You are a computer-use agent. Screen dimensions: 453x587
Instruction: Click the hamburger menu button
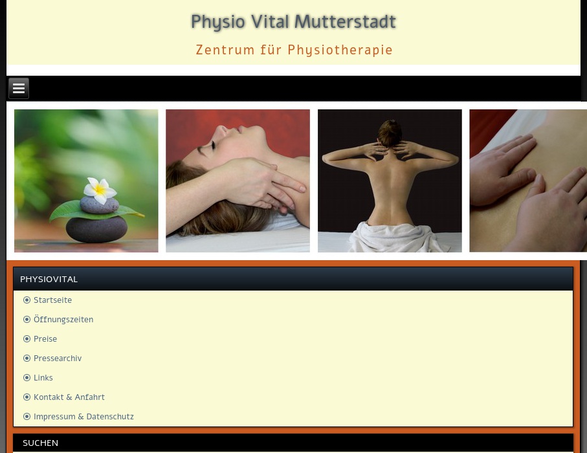[x=19, y=89]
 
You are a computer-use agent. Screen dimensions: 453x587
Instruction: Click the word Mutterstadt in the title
[x=344, y=22]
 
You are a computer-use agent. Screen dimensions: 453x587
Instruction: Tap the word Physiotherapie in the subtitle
[x=340, y=50]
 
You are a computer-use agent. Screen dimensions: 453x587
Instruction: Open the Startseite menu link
[x=52, y=300]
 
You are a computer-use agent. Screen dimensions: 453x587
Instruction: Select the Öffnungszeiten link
[x=63, y=320]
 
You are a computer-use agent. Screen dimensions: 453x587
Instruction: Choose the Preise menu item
[x=45, y=339]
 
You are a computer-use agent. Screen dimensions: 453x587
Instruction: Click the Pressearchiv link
[x=58, y=359]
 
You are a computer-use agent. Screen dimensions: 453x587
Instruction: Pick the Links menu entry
[x=43, y=378]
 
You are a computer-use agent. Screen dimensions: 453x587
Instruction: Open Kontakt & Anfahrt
[x=69, y=397]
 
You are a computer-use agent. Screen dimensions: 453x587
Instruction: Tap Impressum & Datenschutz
[x=83, y=417]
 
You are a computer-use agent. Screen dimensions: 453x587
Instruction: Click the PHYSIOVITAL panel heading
[x=49, y=279]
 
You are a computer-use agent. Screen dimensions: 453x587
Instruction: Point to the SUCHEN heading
[x=40, y=443]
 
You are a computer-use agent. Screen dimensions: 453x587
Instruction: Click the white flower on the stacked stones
[x=100, y=190]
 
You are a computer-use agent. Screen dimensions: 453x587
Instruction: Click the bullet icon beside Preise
[x=27, y=339]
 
